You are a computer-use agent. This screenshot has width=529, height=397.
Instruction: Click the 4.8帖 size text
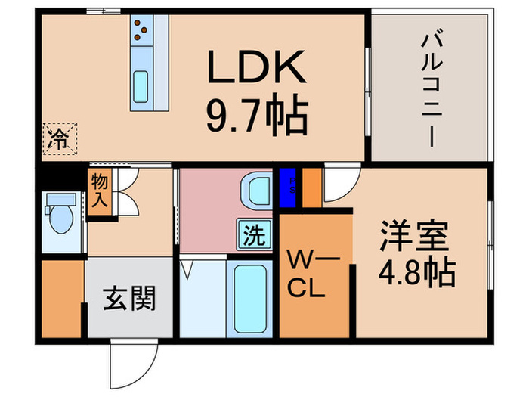tap(416, 271)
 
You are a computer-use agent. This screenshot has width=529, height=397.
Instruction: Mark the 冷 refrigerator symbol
tap(57, 138)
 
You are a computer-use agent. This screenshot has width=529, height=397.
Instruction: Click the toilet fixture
tap(60, 215)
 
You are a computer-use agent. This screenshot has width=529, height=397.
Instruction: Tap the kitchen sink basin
tap(141, 87)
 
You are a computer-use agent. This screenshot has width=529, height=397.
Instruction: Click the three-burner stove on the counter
tap(141, 30)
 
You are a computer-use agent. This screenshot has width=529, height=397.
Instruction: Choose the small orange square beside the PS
tap(311, 188)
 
